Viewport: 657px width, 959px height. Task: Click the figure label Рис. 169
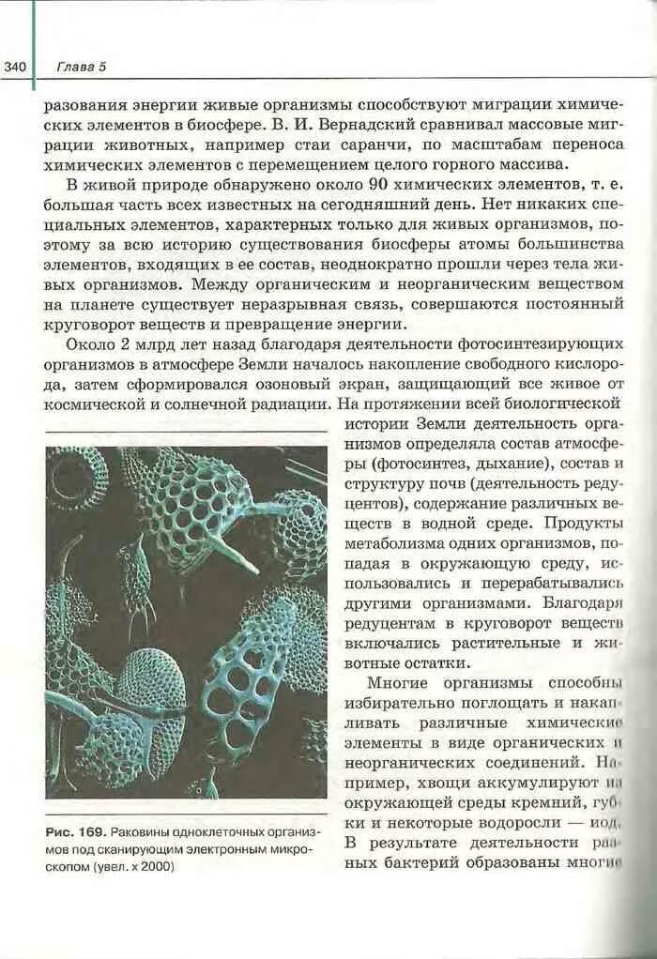(x=73, y=833)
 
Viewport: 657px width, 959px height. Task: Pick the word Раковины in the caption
(x=142, y=833)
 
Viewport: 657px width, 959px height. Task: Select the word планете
(x=92, y=305)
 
